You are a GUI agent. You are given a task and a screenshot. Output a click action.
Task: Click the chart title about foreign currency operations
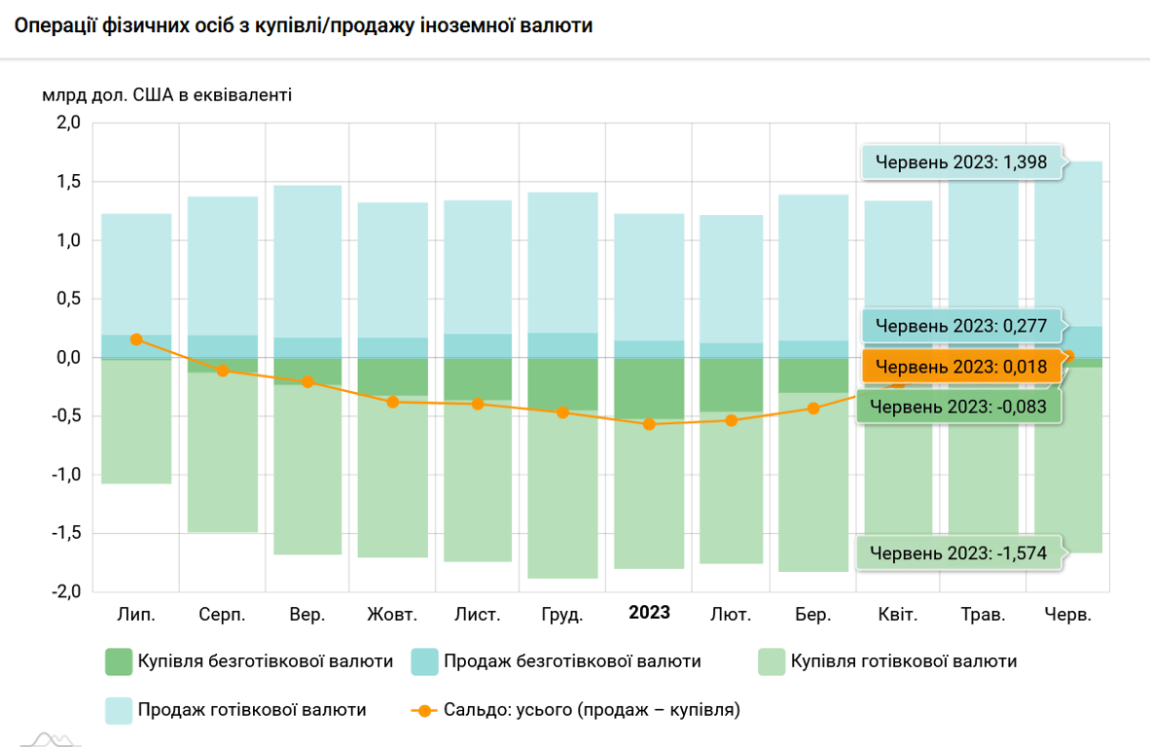[304, 26]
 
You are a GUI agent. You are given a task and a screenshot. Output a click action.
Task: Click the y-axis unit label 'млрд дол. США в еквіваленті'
[166, 95]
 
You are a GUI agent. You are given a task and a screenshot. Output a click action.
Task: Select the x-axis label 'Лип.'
[136, 615]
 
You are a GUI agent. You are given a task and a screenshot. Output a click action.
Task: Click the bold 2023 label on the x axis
[649, 613]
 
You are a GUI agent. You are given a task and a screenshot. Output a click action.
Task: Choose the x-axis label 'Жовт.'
[392, 615]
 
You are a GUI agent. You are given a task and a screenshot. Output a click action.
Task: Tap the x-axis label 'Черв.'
[1067, 615]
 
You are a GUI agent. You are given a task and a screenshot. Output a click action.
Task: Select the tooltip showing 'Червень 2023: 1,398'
[960, 162]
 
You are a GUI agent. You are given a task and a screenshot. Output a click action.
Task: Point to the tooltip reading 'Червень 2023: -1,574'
[958, 553]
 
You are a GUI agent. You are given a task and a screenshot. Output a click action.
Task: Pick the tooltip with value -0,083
[958, 407]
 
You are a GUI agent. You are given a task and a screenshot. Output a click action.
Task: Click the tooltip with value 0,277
[960, 326]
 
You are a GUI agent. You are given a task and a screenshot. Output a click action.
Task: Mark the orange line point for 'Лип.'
[136, 339]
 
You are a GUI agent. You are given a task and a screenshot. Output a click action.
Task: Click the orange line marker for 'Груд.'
[562, 412]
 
